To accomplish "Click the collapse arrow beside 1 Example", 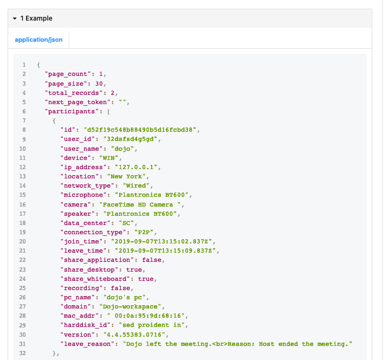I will pos(15,18).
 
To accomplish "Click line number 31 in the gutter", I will pos(24,344).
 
